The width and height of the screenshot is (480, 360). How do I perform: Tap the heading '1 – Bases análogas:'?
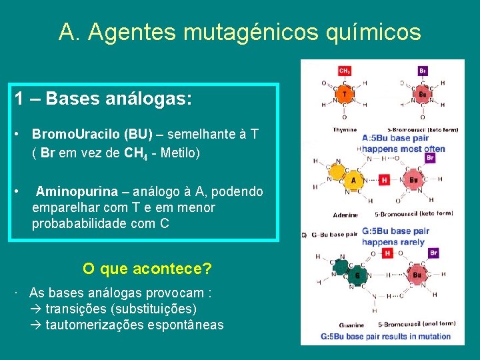point(103,100)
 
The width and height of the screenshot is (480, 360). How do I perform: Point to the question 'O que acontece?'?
point(147,269)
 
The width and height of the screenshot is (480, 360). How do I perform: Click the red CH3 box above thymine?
point(345,71)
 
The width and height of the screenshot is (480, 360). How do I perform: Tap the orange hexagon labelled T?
point(344,95)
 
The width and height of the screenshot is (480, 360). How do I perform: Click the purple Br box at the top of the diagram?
point(423,71)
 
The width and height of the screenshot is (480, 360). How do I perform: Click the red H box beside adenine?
point(385,180)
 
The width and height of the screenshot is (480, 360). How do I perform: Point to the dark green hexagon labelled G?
point(357,275)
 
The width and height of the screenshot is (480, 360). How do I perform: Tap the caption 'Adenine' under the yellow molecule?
point(346,215)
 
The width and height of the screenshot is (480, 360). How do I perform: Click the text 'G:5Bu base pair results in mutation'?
point(387,337)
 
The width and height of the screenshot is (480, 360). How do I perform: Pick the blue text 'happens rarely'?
point(393,242)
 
